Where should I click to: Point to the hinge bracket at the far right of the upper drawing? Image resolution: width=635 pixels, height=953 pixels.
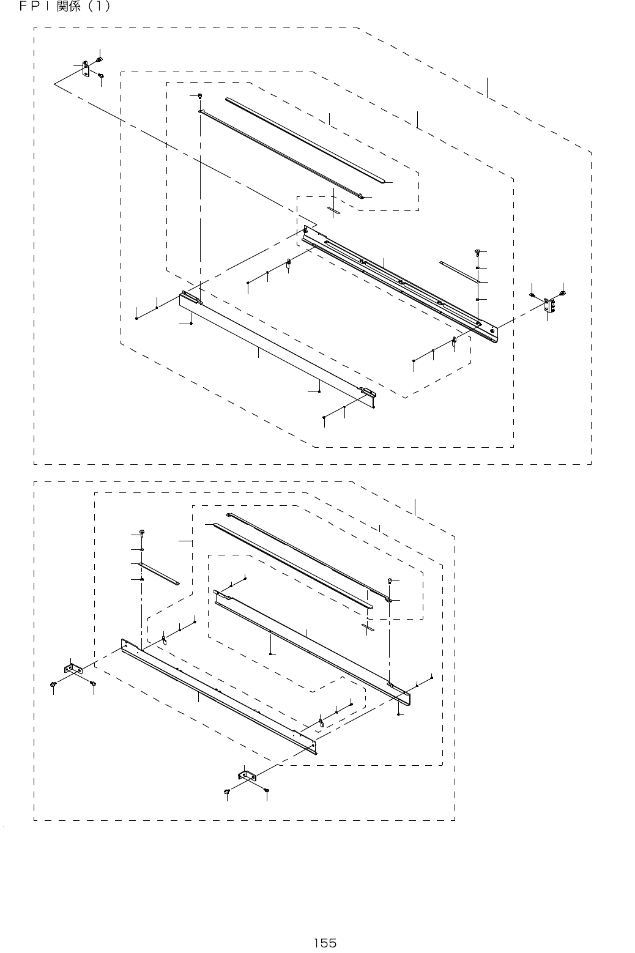tap(548, 304)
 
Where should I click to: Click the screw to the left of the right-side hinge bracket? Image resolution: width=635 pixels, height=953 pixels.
tap(533, 295)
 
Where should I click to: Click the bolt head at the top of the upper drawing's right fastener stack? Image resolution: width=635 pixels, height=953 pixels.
tap(477, 251)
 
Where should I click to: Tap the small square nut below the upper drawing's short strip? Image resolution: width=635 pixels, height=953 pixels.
tap(477, 299)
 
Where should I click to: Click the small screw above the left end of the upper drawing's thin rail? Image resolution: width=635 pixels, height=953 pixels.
tap(201, 96)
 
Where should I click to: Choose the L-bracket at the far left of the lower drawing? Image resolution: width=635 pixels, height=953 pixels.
tap(72, 670)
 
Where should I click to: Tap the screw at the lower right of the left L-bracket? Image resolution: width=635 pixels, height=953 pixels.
tap(93, 683)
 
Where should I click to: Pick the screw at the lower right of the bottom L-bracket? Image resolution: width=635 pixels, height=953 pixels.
tap(267, 792)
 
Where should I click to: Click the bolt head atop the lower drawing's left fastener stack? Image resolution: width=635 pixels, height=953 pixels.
tap(142, 531)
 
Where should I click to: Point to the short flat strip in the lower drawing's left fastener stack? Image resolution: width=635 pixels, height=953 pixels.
tap(159, 574)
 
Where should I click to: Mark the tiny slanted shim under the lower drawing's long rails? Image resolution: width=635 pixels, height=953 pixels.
tap(368, 628)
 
